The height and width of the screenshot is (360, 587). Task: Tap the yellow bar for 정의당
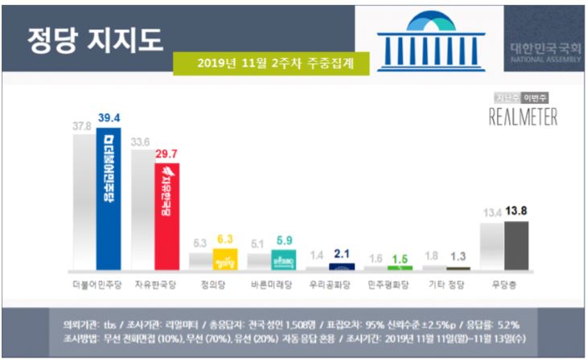[x=224, y=260]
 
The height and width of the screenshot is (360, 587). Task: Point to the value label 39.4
[x=109, y=117]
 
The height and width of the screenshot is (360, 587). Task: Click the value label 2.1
[x=342, y=255]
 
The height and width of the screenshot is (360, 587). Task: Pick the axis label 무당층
[x=505, y=284]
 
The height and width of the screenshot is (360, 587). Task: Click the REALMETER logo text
[x=522, y=117]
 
